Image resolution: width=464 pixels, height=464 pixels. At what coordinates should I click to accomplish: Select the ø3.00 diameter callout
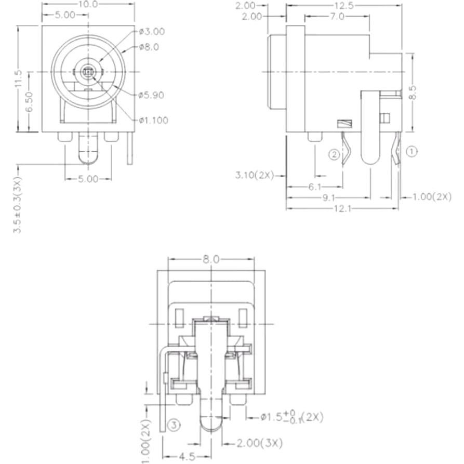(152, 31)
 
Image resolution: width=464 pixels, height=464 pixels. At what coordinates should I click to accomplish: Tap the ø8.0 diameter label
(149, 47)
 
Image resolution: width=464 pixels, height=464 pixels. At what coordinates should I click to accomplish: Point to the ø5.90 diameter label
(152, 95)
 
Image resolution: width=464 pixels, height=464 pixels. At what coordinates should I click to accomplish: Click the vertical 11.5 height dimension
(18, 79)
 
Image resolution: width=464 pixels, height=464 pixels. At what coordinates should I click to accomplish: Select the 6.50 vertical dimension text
(30, 102)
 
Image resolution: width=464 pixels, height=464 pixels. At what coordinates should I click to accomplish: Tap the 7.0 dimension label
(337, 17)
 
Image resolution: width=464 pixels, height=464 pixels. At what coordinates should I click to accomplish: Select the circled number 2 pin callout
(335, 154)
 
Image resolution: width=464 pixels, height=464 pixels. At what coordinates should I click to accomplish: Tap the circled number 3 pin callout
(175, 426)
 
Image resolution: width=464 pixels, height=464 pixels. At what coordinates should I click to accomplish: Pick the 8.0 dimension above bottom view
(211, 258)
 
